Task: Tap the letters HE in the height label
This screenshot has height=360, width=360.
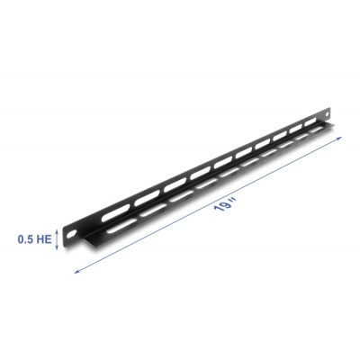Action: (44, 239)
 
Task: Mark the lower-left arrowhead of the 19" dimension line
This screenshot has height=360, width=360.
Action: (75, 269)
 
